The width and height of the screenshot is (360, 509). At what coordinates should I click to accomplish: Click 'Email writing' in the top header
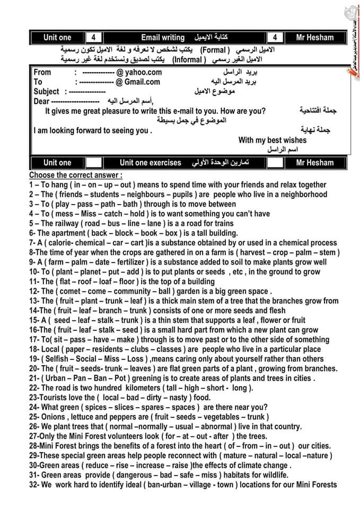tap(163, 38)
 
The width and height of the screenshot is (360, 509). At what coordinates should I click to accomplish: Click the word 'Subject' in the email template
tap(46, 92)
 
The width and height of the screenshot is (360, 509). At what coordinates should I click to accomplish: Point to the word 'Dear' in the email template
tap(41, 101)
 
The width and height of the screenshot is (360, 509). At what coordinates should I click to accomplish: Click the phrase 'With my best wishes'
tap(273, 140)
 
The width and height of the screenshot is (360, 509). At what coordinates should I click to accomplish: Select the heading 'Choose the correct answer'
tap(75, 175)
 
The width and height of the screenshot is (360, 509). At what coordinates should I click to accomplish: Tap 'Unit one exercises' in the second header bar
tap(150, 163)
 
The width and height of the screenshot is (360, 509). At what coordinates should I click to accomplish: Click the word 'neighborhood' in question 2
tap(302, 195)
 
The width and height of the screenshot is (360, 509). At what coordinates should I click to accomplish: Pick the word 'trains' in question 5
tap(222, 223)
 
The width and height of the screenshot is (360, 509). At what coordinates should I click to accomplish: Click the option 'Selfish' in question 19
tap(58, 359)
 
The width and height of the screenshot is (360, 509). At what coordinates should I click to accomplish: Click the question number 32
tap(34, 485)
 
